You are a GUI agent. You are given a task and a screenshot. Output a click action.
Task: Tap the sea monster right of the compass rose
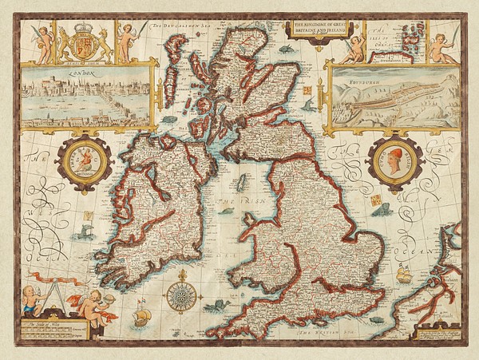pos(217,305)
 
